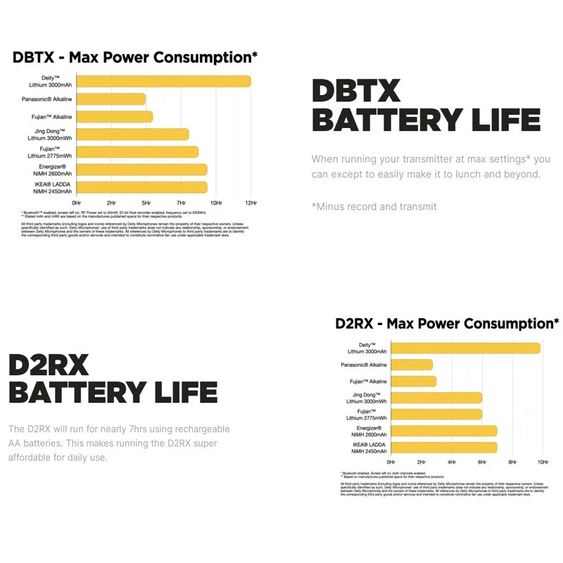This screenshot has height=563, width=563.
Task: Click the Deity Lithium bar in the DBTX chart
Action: [163, 82]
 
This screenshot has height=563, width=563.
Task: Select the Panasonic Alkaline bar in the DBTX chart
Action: [110, 99]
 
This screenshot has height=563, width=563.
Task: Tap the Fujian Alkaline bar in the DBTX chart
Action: [114, 117]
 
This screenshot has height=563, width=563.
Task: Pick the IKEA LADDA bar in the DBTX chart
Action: [141, 187]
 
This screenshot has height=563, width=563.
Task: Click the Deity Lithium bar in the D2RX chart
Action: [464, 348]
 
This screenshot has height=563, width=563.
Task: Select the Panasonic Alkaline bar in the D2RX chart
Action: [411, 365]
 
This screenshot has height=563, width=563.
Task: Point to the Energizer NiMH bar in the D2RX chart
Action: [443, 431]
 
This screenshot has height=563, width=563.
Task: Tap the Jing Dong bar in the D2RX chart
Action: [436, 398]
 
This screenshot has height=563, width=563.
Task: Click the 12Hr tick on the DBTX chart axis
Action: [250, 203]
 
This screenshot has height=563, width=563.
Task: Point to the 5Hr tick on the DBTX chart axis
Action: [146, 203]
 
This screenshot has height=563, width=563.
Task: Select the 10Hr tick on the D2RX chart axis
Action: [543, 462]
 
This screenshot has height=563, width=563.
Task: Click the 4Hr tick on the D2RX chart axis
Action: [451, 462]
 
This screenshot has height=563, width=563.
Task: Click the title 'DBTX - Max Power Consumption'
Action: [135, 57]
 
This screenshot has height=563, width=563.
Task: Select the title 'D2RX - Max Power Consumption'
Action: [447, 324]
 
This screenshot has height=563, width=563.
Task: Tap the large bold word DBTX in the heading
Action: [356, 91]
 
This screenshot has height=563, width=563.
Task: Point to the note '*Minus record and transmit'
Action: [374, 206]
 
